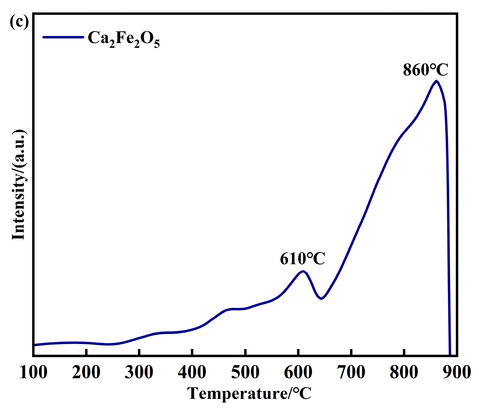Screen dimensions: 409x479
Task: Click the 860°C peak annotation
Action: pos(425,70)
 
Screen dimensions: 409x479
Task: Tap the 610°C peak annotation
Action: pos(302,259)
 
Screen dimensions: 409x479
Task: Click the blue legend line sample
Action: pos(63,37)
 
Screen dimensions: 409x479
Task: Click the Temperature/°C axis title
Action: pos(249,394)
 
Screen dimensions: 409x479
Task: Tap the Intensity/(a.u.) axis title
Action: pos(18,185)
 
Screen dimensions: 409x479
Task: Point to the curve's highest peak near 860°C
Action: pos(436,81)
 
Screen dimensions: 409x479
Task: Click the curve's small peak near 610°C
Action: pos(303,272)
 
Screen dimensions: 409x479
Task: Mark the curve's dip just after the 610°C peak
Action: pos(321,298)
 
